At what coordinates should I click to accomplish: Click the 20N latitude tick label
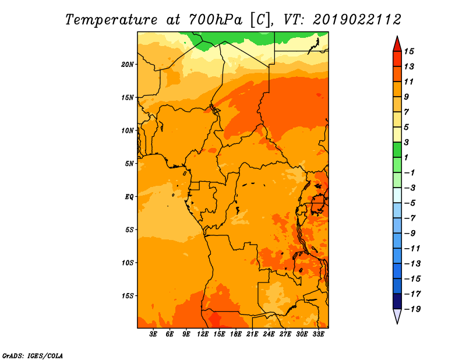click(x=127, y=65)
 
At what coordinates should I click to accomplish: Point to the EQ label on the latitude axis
click(x=129, y=197)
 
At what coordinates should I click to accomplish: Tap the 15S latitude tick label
click(x=127, y=296)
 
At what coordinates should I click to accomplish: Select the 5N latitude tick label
click(x=129, y=164)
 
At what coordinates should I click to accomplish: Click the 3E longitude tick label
click(x=153, y=334)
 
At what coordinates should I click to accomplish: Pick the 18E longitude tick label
click(x=236, y=334)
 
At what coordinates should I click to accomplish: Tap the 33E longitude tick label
click(x=318, y=334)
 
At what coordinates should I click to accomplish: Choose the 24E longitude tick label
click(x=269, y=334)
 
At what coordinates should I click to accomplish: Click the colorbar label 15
click(x=409, y=52)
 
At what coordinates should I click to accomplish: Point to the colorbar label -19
click(x=412, y=309)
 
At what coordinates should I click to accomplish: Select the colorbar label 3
click(x=407, y=142)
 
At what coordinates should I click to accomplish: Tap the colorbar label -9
click(x=410, y=234)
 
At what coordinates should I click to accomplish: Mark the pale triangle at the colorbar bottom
click(x=397, y=316)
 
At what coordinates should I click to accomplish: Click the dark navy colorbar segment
click(x=397, y=301)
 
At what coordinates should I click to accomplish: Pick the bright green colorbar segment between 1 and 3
click(x=397, y=150)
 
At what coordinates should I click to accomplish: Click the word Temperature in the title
click(x=111, y=20)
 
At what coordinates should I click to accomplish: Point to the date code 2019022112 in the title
click(x=357, y=20)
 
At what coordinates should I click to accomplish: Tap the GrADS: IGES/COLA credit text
click(x=33, y=356)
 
